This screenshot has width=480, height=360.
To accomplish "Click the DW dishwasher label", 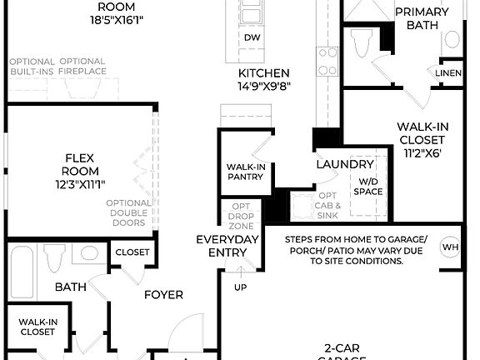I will [x=251, y=37].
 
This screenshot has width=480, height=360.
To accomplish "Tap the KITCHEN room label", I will [x=264, y=73].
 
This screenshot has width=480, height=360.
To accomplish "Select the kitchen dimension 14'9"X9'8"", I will [x=264, y=86].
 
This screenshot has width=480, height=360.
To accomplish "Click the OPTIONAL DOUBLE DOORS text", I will [x=128, y=212].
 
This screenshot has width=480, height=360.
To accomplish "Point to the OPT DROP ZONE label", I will [x=241, y=217].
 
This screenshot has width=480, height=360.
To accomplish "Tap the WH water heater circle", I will [x=450, y=247].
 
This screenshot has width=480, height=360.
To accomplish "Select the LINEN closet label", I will [x=448, y=72].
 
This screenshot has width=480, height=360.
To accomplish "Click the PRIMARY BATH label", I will [x=421, y=18].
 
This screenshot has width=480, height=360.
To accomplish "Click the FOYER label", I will [x=163, y=294].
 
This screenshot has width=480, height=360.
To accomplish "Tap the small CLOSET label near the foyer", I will [x=132, y=252].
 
